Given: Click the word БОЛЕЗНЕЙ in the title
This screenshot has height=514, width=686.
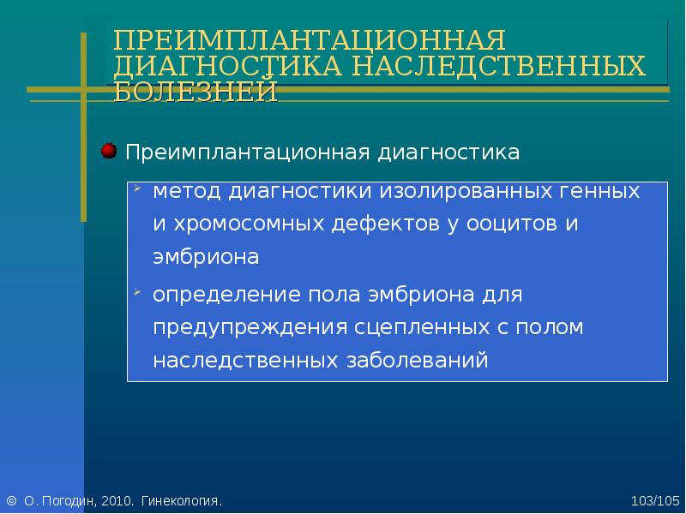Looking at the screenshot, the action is pyautogui.click(x=196, y=91).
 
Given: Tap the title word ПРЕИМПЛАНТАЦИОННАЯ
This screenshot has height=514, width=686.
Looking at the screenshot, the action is pyautogui.click(x=310, y=39).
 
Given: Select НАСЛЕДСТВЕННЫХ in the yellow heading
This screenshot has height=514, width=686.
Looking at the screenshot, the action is pyautogui.click(x=499, y=66).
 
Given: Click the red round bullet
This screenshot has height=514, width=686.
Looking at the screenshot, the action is pyautogui.click(x=109, y=151).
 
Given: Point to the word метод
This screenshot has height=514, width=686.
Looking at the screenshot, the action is pyautogui.click(x=187, y=191).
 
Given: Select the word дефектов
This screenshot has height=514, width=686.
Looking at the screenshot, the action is pyautogui.click(x=385, y=224).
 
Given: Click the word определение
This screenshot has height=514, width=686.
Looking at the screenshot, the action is pyautogui.click(x=226, y=295).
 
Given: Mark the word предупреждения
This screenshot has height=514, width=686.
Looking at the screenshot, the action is pyautogui.click(x=250, y=328).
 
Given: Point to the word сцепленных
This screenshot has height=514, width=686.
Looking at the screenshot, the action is pyautogui.click(x=422, y=328).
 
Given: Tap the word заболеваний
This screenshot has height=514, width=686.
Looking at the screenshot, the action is pyautogui.click(x=418, y=361).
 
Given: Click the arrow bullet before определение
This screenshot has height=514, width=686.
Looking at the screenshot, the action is pyautogui.click(x=138, y=291).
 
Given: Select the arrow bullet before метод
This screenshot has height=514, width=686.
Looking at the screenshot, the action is pyautogui.click(x=138, y=188).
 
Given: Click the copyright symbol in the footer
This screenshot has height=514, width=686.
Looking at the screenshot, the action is pyautogui.click(x=12, y=500).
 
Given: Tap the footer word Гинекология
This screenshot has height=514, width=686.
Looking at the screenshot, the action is pyautogui.click(x=182, y=501).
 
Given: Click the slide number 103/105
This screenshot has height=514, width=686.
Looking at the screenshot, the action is pyautogui.click(x=655, y=501).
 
